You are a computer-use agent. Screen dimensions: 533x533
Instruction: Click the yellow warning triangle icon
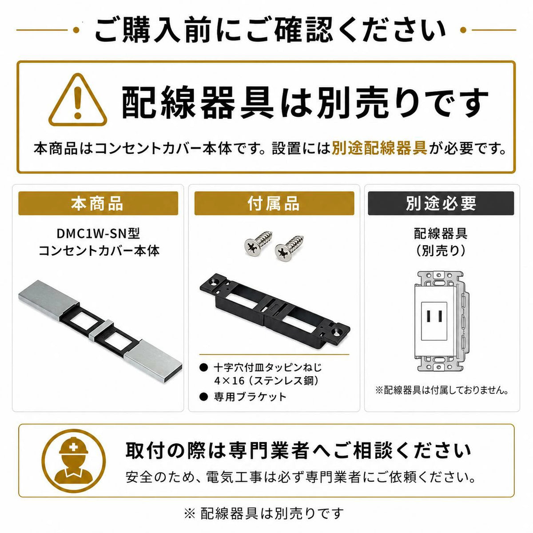[78, 100]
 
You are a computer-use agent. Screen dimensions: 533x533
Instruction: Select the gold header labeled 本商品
[98, 203]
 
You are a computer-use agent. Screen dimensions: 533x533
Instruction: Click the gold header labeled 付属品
[274, 203]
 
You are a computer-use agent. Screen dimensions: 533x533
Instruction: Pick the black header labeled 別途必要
[441, 203]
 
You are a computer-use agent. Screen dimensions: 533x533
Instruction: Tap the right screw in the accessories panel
[289, 249]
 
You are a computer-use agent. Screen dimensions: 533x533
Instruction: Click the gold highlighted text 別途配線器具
[379, 149]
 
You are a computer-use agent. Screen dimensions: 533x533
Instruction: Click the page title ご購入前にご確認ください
[270, 30]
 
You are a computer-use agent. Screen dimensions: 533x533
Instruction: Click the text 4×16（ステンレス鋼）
[267, 381]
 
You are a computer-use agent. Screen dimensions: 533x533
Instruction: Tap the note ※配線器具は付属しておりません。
[442, 390]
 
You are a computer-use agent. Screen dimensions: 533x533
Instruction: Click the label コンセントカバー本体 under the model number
[99, 251]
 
